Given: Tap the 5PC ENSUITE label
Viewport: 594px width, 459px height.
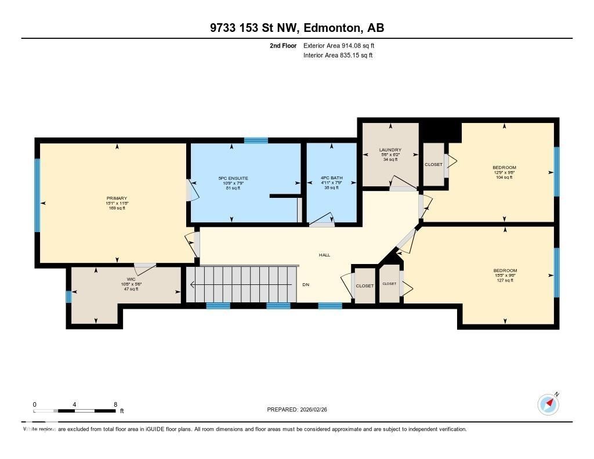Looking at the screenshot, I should (x=232, y=179).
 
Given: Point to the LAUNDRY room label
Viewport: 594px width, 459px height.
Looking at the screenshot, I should (x=390, y=150).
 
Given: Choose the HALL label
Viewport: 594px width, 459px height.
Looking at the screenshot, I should (x=324, y=255).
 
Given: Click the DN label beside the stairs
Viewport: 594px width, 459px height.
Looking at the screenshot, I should (x=306, y=285).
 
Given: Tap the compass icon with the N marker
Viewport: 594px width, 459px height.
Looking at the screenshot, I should (x=548, y=404).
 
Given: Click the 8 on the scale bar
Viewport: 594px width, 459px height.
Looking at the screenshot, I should (x=115, y=404).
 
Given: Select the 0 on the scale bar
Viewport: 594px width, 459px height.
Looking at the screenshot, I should (x=35, y=404).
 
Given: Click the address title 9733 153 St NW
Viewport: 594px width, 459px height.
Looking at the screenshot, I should (x=296, y=27).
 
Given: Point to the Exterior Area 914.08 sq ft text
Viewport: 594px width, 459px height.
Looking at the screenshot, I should (x=342, y=45).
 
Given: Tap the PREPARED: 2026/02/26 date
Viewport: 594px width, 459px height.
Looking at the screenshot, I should (x=300, y=410).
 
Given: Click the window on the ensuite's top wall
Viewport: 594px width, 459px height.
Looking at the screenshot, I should (x=256, y=140).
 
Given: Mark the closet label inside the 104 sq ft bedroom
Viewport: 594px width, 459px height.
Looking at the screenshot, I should (x=433, y=164).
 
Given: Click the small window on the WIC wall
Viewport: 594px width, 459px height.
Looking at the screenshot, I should (x=68, y=297).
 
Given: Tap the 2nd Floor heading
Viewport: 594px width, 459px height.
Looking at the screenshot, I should (x=283, y=45).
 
